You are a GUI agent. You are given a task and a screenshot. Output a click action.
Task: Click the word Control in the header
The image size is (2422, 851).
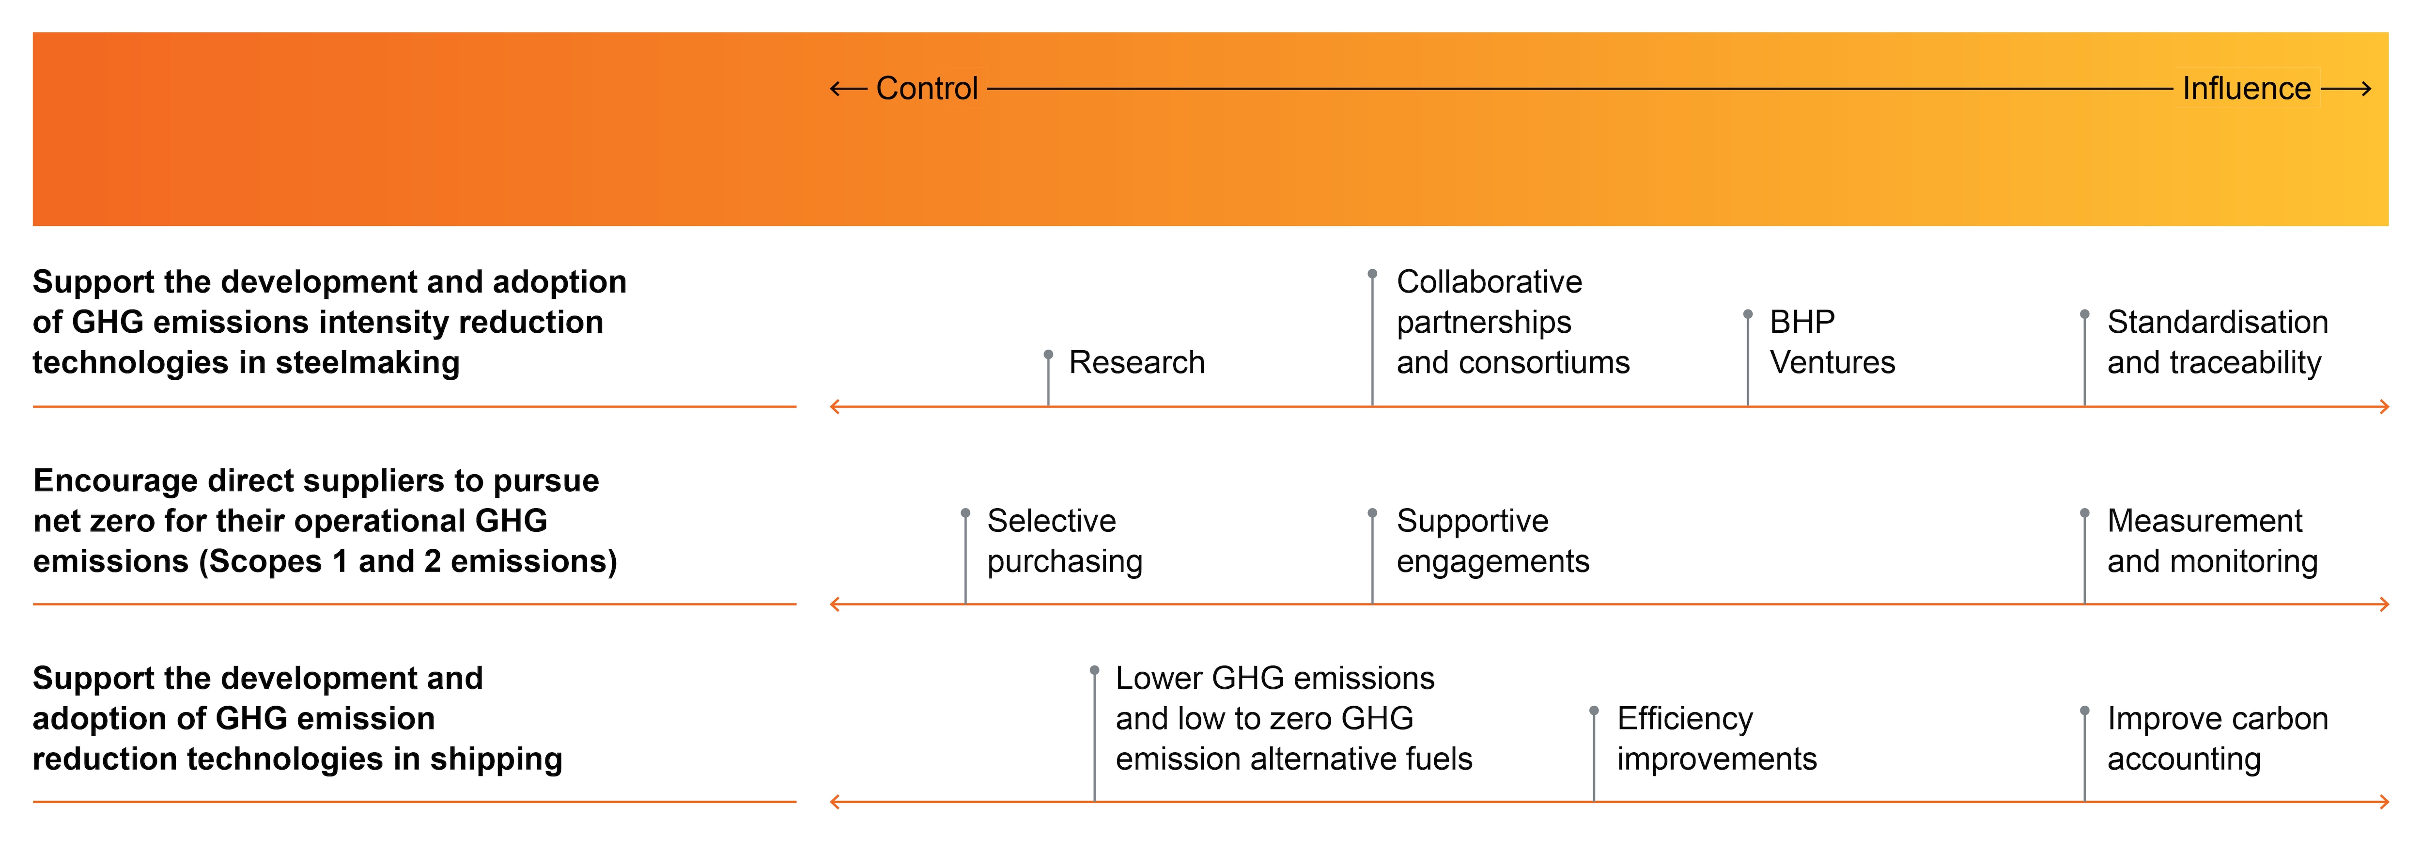tap(927, 88)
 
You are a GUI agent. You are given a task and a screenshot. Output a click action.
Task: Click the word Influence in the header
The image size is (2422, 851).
tap(2246, 88)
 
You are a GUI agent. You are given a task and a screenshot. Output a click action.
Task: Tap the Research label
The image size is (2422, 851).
tap(1137, 362)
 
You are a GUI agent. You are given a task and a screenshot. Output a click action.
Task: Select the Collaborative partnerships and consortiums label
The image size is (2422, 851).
tap(1513, 322)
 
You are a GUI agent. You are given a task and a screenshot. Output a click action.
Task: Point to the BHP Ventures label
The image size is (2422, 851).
tap(1832, 342)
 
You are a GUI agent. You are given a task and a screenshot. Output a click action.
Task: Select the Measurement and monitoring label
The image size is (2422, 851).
tap(2212, 541)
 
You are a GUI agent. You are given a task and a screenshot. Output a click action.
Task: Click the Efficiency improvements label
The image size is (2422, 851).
tap(1717, 738)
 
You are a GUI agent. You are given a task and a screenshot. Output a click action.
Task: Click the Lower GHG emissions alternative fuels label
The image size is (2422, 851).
tap(1294, 718)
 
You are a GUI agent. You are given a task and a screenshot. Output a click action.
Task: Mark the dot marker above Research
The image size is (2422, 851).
tap(1048, 355)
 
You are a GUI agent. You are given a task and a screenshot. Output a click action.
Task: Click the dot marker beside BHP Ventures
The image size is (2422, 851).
tap(1748, 314)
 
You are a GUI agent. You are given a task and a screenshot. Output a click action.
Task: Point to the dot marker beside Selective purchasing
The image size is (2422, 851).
tap(965, 512)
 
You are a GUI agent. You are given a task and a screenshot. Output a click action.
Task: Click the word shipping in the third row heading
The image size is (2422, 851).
tap(497, 759)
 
